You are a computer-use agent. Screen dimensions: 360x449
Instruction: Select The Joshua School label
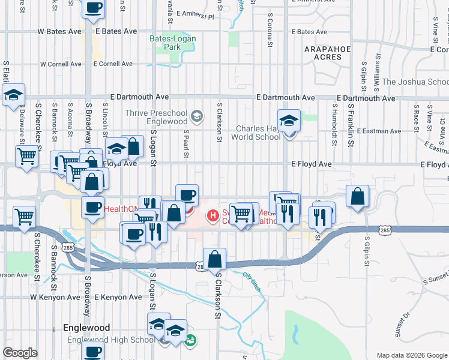(415, 82)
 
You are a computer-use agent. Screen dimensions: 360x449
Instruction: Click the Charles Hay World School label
(258, 132)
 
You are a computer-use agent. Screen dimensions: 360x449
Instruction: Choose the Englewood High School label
(111, 340)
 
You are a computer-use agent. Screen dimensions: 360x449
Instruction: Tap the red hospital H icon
(212, 215)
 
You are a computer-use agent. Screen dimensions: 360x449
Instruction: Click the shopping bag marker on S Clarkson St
(215, 259)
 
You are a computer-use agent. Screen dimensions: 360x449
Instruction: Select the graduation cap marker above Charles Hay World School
(289, 121)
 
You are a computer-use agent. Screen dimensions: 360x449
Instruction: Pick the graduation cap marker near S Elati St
(13, 94)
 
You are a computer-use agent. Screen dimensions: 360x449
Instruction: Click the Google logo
(20, 353)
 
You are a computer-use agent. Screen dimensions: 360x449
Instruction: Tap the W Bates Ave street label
(59, 31)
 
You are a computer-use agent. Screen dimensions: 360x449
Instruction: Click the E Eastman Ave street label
(379, 131)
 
